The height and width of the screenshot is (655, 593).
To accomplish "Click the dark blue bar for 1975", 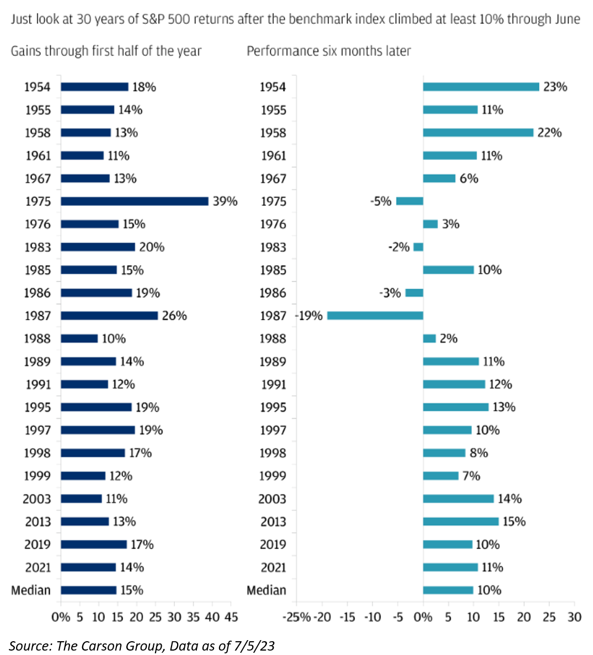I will coord(135,201).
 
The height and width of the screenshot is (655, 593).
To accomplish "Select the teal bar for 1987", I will coord(375,316).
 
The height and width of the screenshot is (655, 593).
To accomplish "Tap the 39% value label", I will coord(225,201).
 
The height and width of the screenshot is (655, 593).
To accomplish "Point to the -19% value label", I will coord(309,316).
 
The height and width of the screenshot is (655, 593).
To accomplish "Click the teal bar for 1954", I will coord(481,87).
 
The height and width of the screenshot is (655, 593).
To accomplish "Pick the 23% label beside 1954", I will coord(555,87).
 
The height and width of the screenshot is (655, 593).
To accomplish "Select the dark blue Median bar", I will coord(89,590).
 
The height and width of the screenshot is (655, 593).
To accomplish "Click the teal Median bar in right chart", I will coord(448,590).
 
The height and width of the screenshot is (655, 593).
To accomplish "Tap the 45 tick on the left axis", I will coord(231,617).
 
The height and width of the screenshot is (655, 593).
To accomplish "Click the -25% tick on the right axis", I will coord(297,617).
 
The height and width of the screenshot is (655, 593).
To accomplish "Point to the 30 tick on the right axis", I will coord(574,617).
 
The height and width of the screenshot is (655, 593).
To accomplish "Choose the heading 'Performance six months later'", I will coord(329,51).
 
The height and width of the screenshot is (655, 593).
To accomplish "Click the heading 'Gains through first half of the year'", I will coord(106,51).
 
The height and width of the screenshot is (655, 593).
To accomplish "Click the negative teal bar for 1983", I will coord(418,247).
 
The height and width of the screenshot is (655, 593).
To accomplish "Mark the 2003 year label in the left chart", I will coord(37,499).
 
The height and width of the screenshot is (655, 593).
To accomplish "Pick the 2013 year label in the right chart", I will coord(273,521).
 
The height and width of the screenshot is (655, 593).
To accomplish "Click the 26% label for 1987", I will coord(174,316).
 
